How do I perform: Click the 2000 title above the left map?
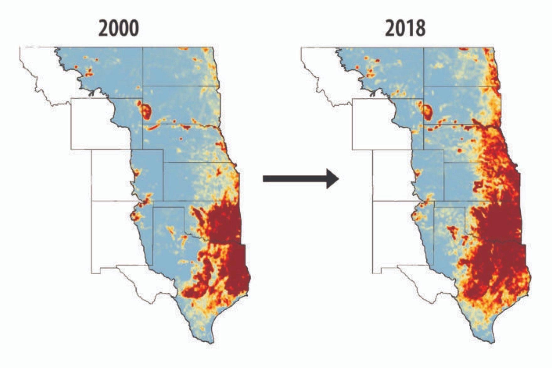119,29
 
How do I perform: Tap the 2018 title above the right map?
405,29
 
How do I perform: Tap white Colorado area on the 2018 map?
392,175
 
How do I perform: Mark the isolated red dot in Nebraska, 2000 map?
181,139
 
